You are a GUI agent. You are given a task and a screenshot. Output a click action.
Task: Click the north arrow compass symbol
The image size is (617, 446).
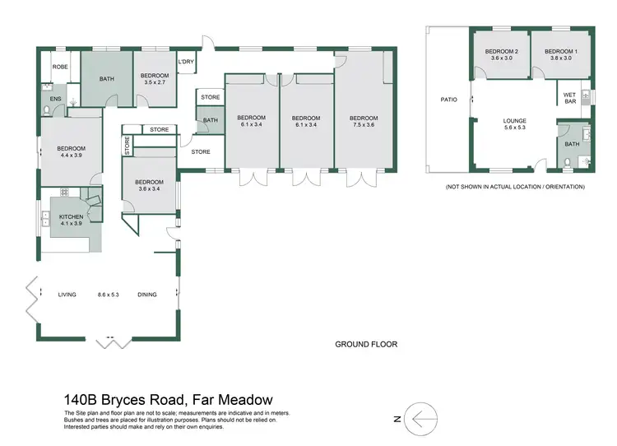(x=421, y=419)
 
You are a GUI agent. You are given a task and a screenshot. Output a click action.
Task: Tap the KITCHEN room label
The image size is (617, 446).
(x=72, y=216)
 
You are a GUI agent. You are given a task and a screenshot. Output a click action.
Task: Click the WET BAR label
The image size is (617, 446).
(x=568, y=97)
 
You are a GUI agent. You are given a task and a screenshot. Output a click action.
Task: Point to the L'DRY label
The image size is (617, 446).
(x=185, y=62)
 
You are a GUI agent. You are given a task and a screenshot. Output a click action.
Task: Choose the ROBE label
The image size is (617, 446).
(x=60, y=67)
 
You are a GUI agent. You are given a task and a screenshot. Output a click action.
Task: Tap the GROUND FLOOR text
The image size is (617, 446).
(x=366, y=344)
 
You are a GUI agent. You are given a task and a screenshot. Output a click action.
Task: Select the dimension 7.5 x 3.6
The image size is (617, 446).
(x=363, y=125)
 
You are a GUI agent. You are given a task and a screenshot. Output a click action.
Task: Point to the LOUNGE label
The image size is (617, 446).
(x=515, y=121)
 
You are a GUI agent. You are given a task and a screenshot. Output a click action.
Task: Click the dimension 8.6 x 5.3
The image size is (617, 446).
(x=109, y=294)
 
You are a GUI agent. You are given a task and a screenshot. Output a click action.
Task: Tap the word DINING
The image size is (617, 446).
(x=147, y=294)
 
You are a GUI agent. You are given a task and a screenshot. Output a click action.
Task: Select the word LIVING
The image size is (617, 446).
(x=67, y=294)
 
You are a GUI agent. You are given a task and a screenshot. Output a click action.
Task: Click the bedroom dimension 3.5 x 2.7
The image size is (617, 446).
(x=155, y=82)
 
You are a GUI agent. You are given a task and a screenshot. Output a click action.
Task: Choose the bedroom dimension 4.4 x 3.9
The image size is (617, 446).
(x=72, y=156)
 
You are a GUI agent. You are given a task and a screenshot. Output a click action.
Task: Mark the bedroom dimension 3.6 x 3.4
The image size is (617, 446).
(x=149, y=189)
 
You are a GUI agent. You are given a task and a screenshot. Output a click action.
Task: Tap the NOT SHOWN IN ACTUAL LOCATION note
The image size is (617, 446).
(x=515, y=187)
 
